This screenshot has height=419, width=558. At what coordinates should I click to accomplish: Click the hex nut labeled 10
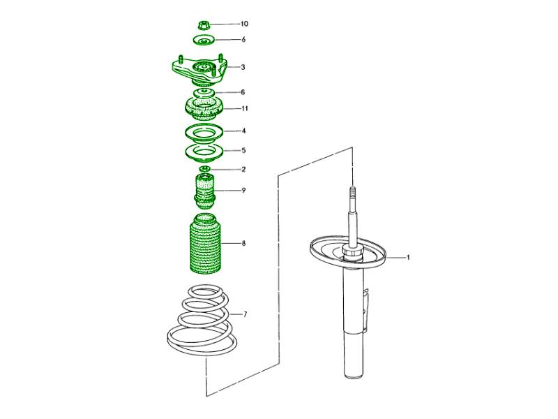[x=204, y=25]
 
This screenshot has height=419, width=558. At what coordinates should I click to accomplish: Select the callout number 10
[x=244, y=24]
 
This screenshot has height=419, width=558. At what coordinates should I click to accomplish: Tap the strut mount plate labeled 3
[x=199, y=72]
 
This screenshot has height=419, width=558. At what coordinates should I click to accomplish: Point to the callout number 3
[x=243, y=67]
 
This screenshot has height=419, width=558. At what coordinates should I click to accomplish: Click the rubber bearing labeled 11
[x=204, y=110]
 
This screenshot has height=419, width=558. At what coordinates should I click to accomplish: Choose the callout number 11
[x=245, y=108]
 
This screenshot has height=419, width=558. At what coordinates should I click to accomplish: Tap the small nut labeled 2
[x=204, y=169]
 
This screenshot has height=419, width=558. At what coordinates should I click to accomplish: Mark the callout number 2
[x=243, y=169]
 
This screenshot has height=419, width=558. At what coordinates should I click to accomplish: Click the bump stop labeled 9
[x=204, y=191]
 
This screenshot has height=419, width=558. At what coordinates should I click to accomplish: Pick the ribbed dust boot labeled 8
[x=204, y=244]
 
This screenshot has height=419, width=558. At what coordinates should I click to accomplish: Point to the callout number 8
[x=243, y=243]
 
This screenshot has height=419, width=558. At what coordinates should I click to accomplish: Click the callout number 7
[x=245, y=314]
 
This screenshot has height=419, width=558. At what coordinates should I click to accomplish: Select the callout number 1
[x=408, y=257]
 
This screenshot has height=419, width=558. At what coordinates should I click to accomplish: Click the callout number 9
[x=243, y=190]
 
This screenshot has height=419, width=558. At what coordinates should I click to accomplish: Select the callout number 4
[x=243, y=131]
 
